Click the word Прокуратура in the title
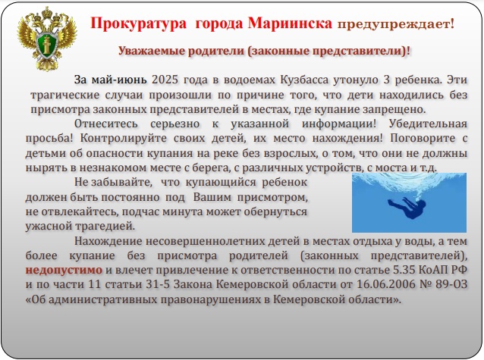click(x=139, y=23)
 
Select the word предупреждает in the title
click(x=393, y=25)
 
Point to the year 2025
click(x=165, y=80)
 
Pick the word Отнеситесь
click(x=106, y=124)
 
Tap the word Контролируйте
click(x=124, y=139)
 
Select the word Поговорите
click(x=423, y=138)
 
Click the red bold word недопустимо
click(x=64, y=270)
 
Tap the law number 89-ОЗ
click(x=451, y=284)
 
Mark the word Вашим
click(x=212, y=197)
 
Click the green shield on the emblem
click(x=47, y=45)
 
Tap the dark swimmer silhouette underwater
click(x=407, y=207)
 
